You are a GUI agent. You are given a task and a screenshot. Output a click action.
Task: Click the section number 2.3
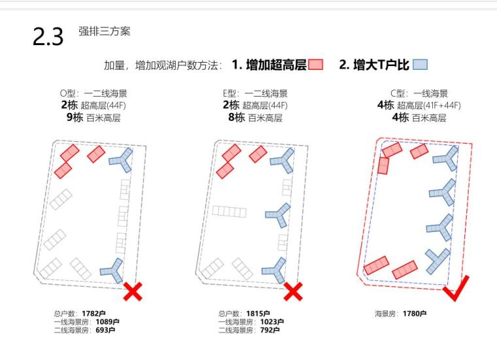pos(48,37)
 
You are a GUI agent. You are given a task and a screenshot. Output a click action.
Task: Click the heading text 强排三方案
pos(104,32)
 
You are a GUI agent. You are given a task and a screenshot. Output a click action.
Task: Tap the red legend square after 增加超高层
pos(316,65)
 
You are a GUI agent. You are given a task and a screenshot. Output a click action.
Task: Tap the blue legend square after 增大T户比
pos(420,65)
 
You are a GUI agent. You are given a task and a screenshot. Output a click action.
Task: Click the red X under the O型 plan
pos(133,291)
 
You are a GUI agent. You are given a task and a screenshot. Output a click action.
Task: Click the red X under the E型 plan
pos(294,291)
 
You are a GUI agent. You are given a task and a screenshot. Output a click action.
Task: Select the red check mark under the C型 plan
pos(455,290)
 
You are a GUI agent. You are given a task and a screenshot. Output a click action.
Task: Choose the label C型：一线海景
pos(418,94)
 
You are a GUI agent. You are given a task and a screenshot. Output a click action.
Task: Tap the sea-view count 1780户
pos(415,314)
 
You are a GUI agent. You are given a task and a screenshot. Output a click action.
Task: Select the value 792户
pos(271,330)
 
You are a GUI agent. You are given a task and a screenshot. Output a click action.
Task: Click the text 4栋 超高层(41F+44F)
pos(419,105)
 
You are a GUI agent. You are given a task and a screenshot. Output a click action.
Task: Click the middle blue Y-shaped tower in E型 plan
pos(277,215)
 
